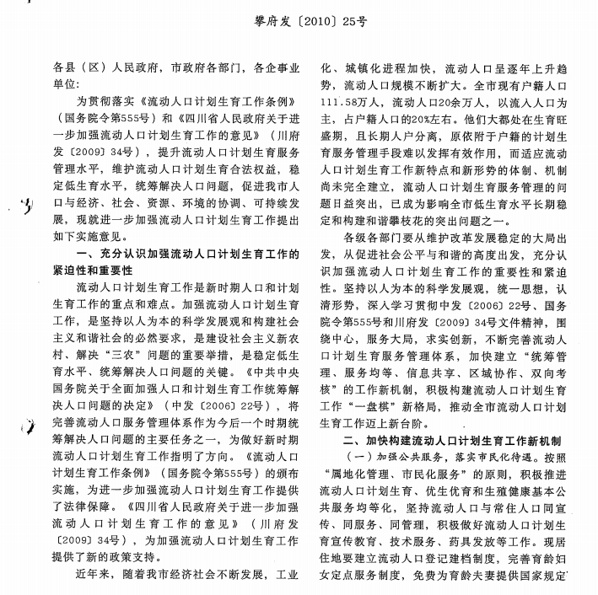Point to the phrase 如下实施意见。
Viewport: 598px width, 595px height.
tap(93, 236)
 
